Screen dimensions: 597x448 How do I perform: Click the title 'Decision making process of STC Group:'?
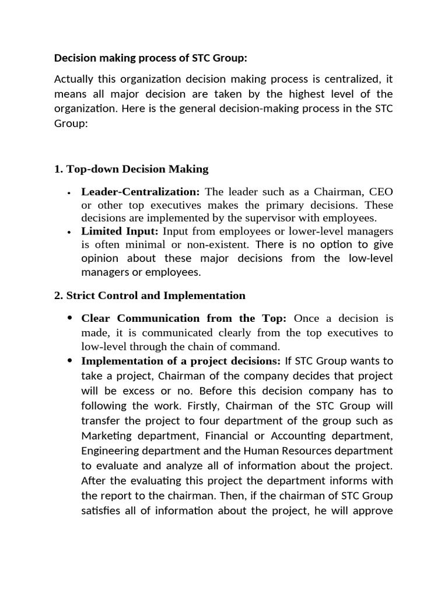click(x=150, y=58)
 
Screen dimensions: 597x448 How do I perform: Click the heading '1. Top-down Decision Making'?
click(x=131, y=169)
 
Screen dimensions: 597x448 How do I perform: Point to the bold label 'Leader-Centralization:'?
click(x=141, y=192)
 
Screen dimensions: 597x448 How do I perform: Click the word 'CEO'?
click(x=381, y=192)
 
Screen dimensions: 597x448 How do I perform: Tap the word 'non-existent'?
click(x=219, y=244)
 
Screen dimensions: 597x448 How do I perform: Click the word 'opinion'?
click(x=99, y=258)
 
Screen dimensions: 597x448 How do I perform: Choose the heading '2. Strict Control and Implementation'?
click(x=150, y=295)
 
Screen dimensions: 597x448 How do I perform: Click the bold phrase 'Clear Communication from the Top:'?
click(x=184, y=318)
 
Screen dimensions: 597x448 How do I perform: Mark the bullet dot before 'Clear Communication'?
click(x=70, y=318)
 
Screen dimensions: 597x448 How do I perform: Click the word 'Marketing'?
click(x=104, y=436)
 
